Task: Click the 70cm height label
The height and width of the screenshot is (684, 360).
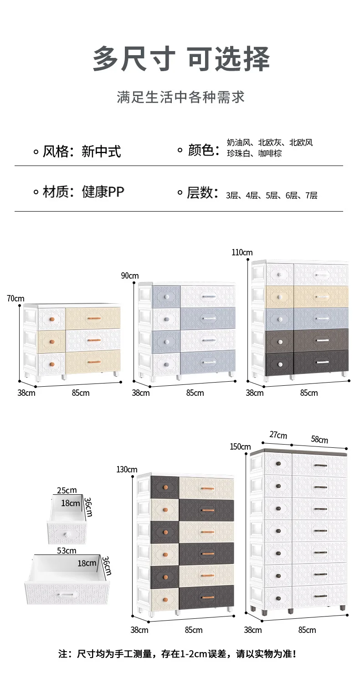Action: [15, 299]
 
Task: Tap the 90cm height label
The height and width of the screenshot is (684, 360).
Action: [130, 275]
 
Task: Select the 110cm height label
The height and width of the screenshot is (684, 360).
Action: [242, 253]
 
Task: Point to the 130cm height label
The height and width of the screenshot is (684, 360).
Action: [127, 469]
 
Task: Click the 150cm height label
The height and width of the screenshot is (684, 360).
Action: [240, 446]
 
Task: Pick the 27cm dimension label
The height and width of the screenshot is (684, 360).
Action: [278, 435]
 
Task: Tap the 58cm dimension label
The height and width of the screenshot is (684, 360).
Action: [319, 439]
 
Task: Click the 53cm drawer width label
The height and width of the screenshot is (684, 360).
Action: [67, 550]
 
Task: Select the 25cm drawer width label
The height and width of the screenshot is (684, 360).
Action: [67, 490]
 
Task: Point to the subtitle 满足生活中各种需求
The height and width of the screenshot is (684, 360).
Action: [180, 97]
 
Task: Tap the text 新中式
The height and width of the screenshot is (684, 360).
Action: [101, 151]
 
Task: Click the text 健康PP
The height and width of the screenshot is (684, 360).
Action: [103, 192]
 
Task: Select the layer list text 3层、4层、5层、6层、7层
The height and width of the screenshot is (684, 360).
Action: [272, 196]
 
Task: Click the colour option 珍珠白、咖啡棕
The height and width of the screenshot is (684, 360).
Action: [254, 154]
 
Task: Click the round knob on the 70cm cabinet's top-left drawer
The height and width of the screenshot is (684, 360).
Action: [52, 318]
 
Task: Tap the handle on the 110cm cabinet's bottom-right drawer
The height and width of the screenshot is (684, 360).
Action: [322, 362]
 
